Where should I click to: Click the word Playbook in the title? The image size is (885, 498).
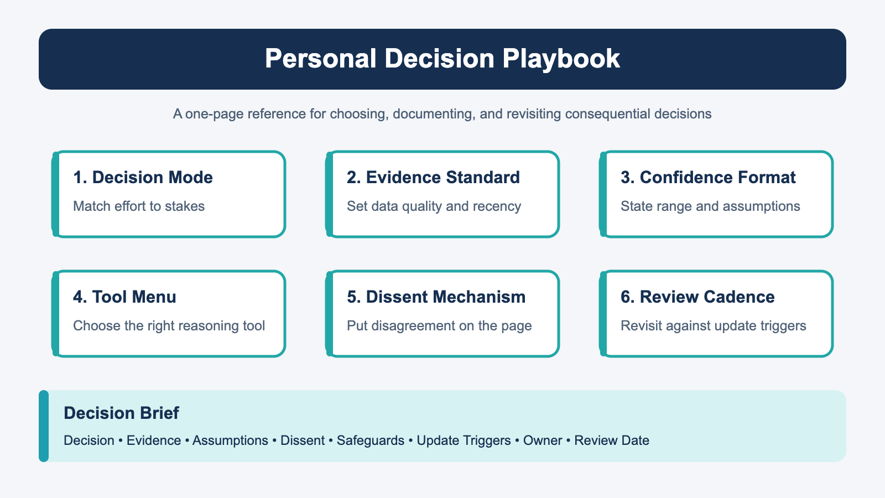[561, 59]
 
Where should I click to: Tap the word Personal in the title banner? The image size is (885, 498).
[320, 59]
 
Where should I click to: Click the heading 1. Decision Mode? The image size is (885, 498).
[143, 178]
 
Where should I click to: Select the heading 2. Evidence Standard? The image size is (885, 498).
[434, 178]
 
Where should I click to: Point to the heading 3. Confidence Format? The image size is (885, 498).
[708, 178]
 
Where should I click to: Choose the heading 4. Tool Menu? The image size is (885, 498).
[124, 297]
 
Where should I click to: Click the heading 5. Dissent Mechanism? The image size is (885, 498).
[436, 297]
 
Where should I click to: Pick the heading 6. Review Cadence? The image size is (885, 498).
[697, 297]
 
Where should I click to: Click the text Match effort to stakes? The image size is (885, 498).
[139, 206]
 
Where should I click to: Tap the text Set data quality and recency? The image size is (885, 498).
[434, 207]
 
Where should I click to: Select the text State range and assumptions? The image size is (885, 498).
[710, 207]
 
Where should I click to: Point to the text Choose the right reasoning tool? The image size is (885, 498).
[169, 326]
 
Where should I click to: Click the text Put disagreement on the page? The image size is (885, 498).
[439, 326]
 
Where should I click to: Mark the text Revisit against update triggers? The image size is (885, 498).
[714, 326]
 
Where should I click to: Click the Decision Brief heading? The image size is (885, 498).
[121, 413]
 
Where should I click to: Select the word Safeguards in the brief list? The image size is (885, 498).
[371, 440]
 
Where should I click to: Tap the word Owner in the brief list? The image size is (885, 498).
[543, 440]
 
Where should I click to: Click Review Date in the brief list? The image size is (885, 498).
[612, 440]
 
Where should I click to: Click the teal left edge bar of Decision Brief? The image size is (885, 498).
[44, 426]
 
